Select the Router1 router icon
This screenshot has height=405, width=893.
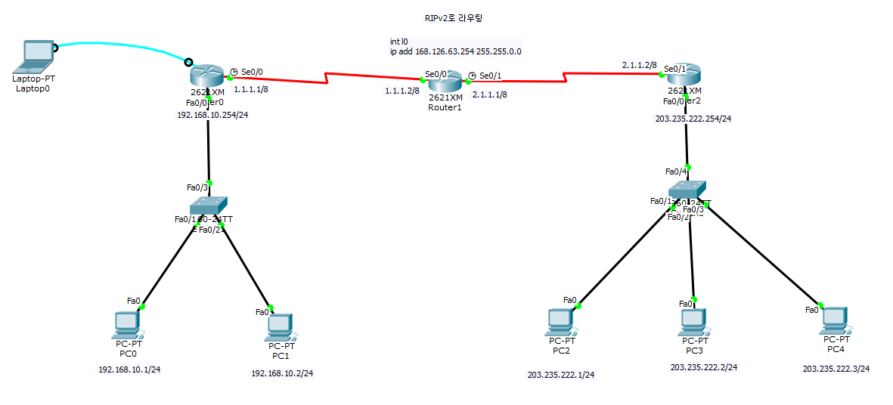[x=445, y=81]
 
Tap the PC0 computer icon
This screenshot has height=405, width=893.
[x=126, y=323]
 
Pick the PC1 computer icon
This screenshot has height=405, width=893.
[x=280, y=325]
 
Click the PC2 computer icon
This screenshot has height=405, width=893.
[x=560, y=321]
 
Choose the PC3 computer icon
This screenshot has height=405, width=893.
[x=693, y=321]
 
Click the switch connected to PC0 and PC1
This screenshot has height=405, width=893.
[x=209, y=204]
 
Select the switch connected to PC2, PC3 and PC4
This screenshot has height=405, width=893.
[x=687, y=189]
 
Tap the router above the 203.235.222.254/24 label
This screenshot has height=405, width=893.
[x=684, y=75]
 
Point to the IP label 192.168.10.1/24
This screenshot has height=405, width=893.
[x=129, y=369]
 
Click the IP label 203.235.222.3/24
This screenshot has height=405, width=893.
[x=836, y=369]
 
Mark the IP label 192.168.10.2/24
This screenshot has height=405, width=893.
[x=282, y=373]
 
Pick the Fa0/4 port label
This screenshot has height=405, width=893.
[x=674, y=172]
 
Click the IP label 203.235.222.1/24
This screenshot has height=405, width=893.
[x=561, y=375]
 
